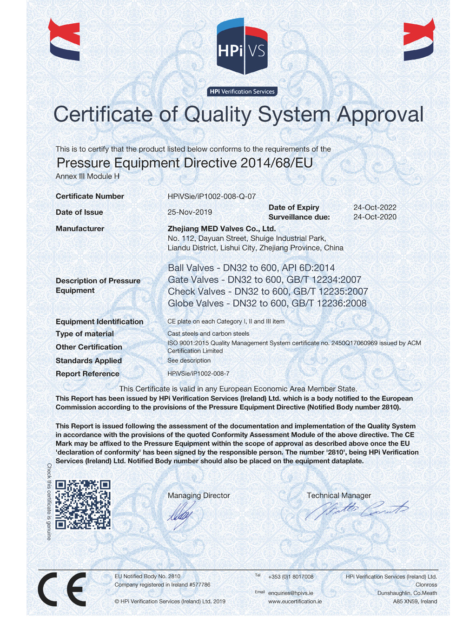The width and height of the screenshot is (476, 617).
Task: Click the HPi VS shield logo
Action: [x=242, y=47]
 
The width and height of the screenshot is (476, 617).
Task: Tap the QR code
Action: [x=83, y=504]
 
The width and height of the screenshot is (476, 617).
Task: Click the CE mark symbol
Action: [x=62, y=589]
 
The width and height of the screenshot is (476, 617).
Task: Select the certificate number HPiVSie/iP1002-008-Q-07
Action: [x=212, y=197]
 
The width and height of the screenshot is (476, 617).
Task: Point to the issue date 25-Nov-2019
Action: [x=190, y=212]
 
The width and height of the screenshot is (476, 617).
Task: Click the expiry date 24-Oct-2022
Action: [x=375, y=207]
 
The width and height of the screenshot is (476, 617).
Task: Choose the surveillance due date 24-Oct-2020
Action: [x=375, y=217]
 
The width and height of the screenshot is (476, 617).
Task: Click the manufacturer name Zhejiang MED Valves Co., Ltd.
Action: [x=222, y=229]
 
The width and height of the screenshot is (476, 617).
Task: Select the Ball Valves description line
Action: [x=251, y=268]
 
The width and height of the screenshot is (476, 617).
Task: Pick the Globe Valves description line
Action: [x=267, y=304]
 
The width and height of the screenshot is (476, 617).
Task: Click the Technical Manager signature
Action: [x=356, y=510]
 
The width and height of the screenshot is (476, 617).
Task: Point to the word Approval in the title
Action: [x=380, y=115]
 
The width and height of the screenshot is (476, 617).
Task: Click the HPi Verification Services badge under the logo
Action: [x=242, y=92]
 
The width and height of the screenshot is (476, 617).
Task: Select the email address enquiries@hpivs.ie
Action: [x=291, y=593]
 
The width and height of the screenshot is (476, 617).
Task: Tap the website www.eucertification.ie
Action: [x=295, y=602]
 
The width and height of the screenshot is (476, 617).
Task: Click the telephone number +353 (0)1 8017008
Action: [x=291, y=577]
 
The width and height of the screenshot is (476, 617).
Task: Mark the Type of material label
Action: [x=85, y=334]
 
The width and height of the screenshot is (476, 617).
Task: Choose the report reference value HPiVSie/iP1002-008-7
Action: [x=198, y=374]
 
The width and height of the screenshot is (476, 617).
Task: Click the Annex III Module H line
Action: [x=87, y=176]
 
